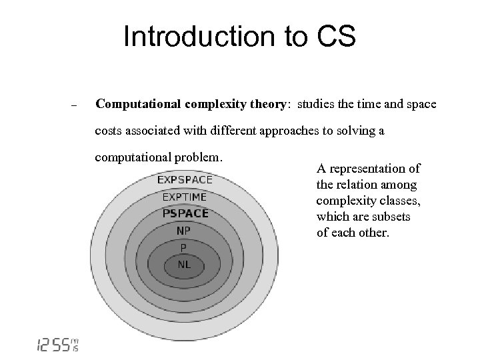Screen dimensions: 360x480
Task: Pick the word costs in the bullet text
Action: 111,131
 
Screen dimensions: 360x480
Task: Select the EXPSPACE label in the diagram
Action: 185,179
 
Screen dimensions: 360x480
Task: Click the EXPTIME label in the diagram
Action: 185,197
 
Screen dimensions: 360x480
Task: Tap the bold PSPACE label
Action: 185,213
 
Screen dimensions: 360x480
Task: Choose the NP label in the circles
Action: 184,231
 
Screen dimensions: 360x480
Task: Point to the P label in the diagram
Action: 184,248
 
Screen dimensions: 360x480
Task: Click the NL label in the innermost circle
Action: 184,265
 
